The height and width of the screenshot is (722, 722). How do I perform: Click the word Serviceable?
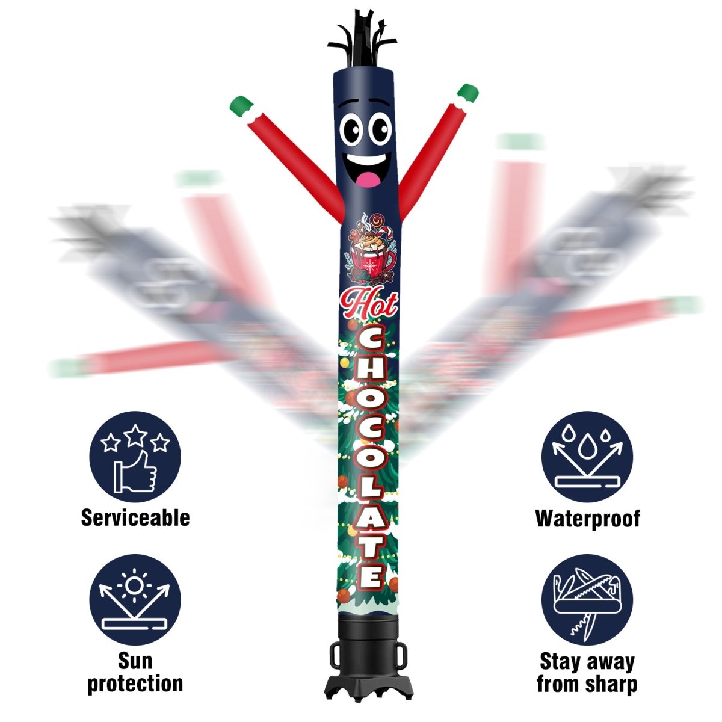(135, 518)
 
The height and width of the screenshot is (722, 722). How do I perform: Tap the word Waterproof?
(587, 518)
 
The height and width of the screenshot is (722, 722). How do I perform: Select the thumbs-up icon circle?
(135, 457)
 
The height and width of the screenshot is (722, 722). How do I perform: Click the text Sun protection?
(135, 672)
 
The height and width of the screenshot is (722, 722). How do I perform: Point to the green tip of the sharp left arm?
(241, 106)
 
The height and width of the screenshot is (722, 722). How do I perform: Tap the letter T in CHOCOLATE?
(371, 545)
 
